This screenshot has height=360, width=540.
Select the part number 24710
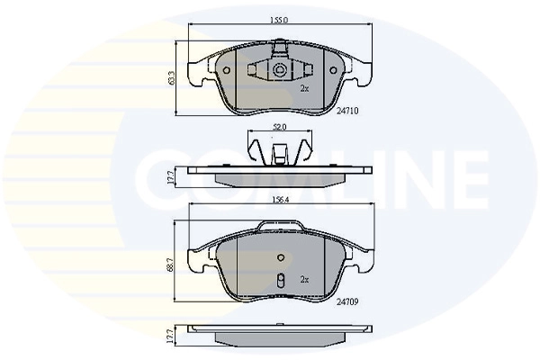tap(348, 111)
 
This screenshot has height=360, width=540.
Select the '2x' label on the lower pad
tap(304, 280)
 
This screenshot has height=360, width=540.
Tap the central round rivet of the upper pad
tap(280, 70)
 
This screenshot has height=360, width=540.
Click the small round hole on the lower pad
tap(280, 258)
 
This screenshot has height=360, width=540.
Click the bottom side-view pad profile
tap(279, 336)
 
